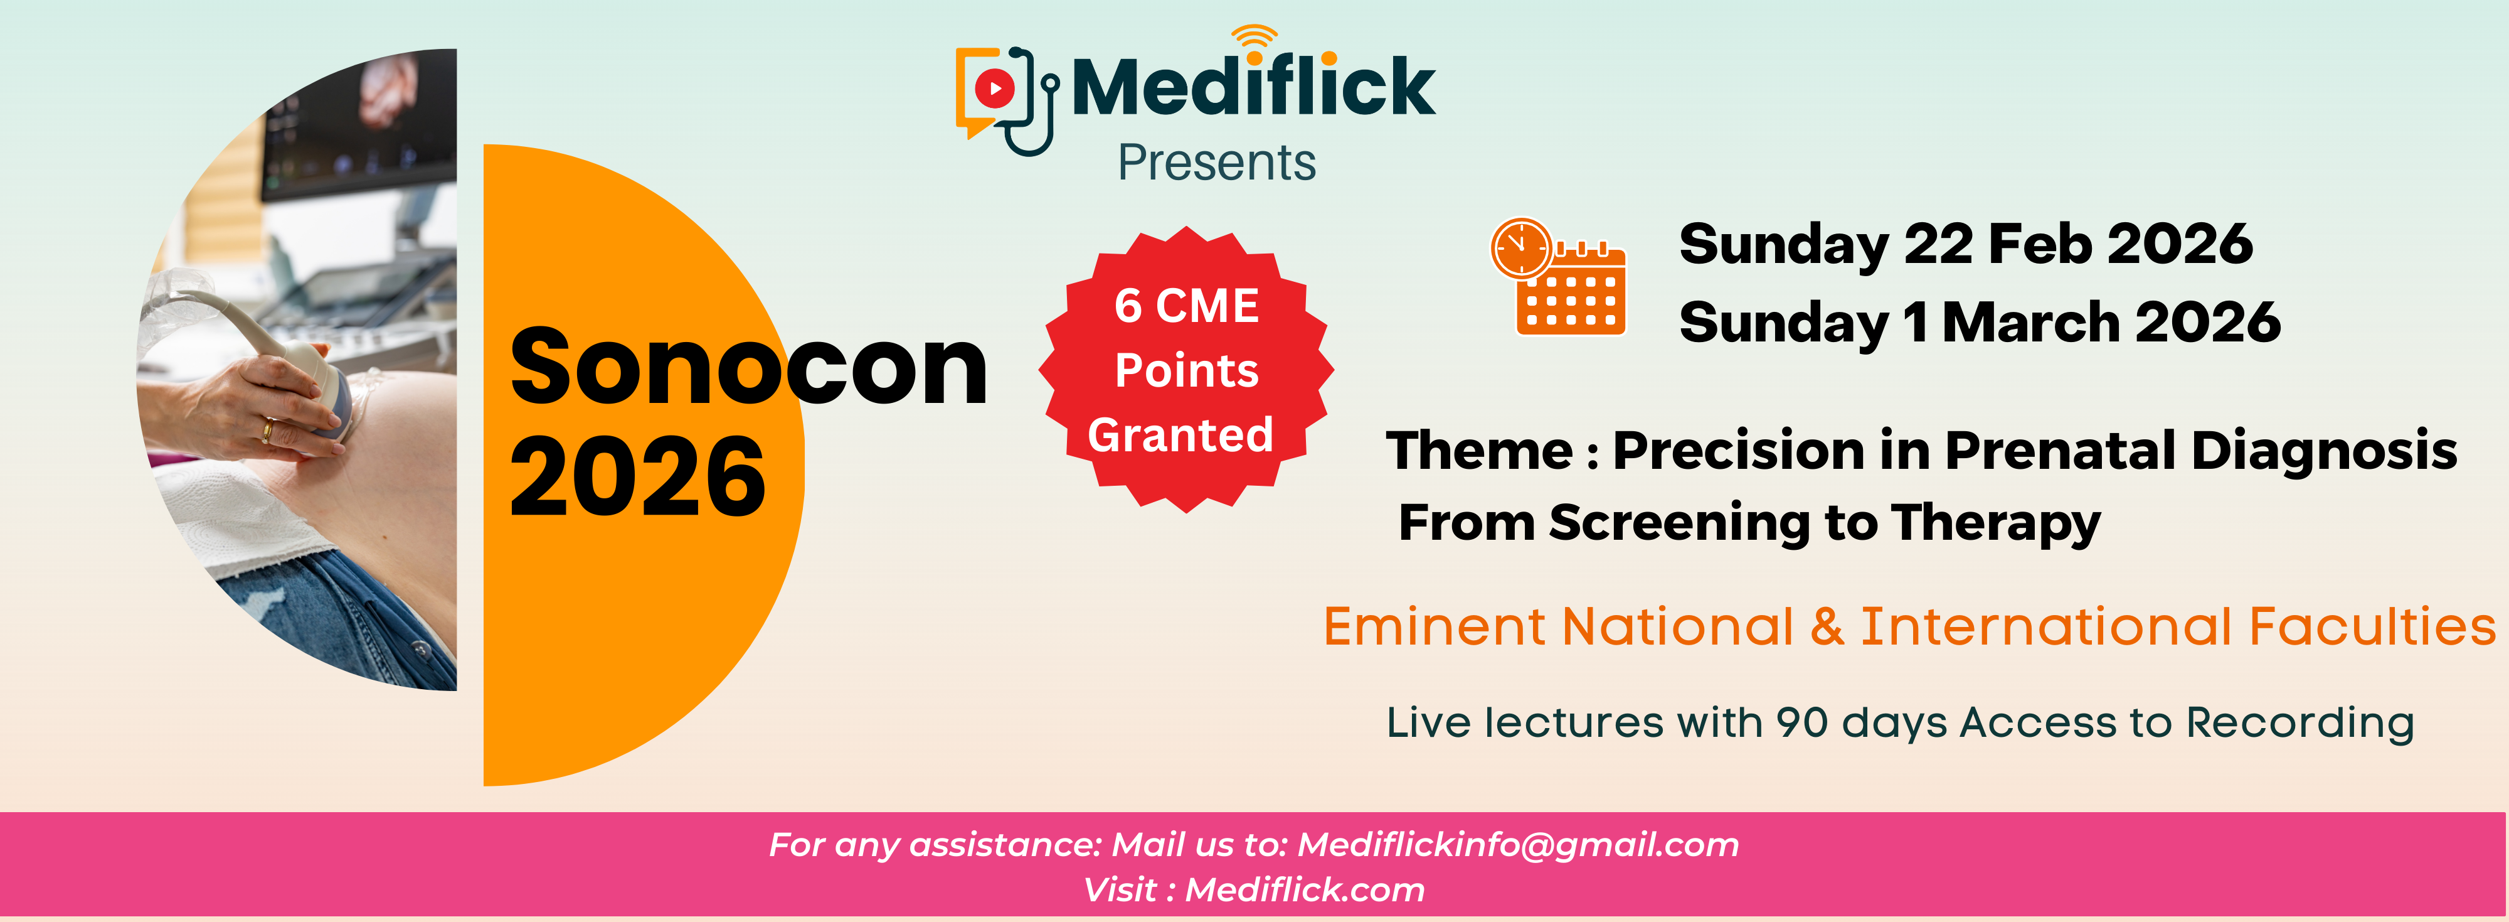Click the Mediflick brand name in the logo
(x=1253, y=87)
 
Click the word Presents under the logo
(x=1216, y=163)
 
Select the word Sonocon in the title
(x=748, y=367)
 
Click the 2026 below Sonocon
(x=638, y=476)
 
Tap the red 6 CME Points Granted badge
(x=1186, y=370)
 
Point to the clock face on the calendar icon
(x=1520, y=247)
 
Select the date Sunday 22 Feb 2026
(x=1966, y=244)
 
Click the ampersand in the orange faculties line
(x=1827, y=626)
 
